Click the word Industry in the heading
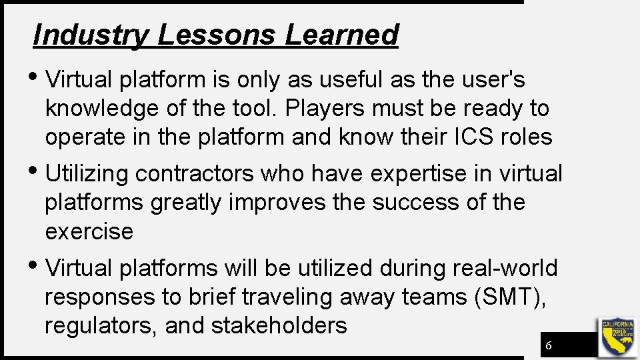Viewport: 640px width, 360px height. (x=91, y=35)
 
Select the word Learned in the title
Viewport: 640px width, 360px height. (x=341, y=35)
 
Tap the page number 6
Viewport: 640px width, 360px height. (x=548, y=345)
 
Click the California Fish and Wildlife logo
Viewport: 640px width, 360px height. (x=618, y=337)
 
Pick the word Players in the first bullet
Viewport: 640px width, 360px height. (x=331, y=108)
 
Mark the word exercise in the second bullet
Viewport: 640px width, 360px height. (x=89, y=231)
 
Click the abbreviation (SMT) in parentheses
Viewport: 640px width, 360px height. (x=509, y=297)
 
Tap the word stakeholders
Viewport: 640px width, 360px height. (x=279, y=325)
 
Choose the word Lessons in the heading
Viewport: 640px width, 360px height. (x=215, y=35)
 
